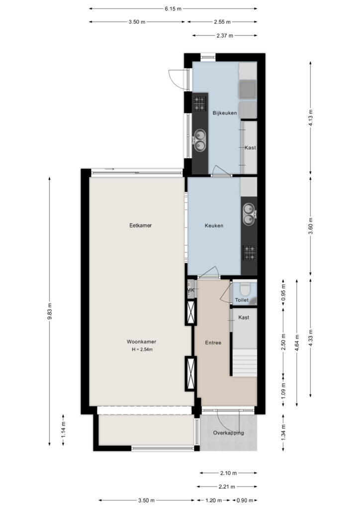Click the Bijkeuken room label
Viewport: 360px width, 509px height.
[x=225, y=113]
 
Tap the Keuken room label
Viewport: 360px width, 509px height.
[x=214, y=226]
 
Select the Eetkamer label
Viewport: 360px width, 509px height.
[x=141, y=225]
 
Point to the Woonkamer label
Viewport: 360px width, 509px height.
[x=141, y=341]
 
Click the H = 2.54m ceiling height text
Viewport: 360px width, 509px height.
[x=142, y=349]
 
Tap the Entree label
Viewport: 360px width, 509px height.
[x=213, y=342]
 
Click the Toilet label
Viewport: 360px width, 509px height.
[x=242, y=300]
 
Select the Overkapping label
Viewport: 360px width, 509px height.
[x=229, y=433]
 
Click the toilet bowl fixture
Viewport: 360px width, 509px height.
[x=245, y=288]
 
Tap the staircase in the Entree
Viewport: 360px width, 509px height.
[x=245, y=362]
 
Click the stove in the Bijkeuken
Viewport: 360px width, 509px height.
[x=200, y=103]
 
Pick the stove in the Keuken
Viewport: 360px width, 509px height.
[x=249, y=253]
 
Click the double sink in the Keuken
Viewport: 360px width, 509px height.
[x=249, y=214]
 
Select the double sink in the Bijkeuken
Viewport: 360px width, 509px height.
[x=199, y=140]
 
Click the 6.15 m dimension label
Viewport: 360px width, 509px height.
[x=173, y=9]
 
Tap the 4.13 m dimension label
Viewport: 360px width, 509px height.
[x=311, y=117]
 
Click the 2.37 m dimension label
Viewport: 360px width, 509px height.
[x=225, y=36]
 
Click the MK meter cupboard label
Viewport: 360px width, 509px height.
[x=191, y=290]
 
